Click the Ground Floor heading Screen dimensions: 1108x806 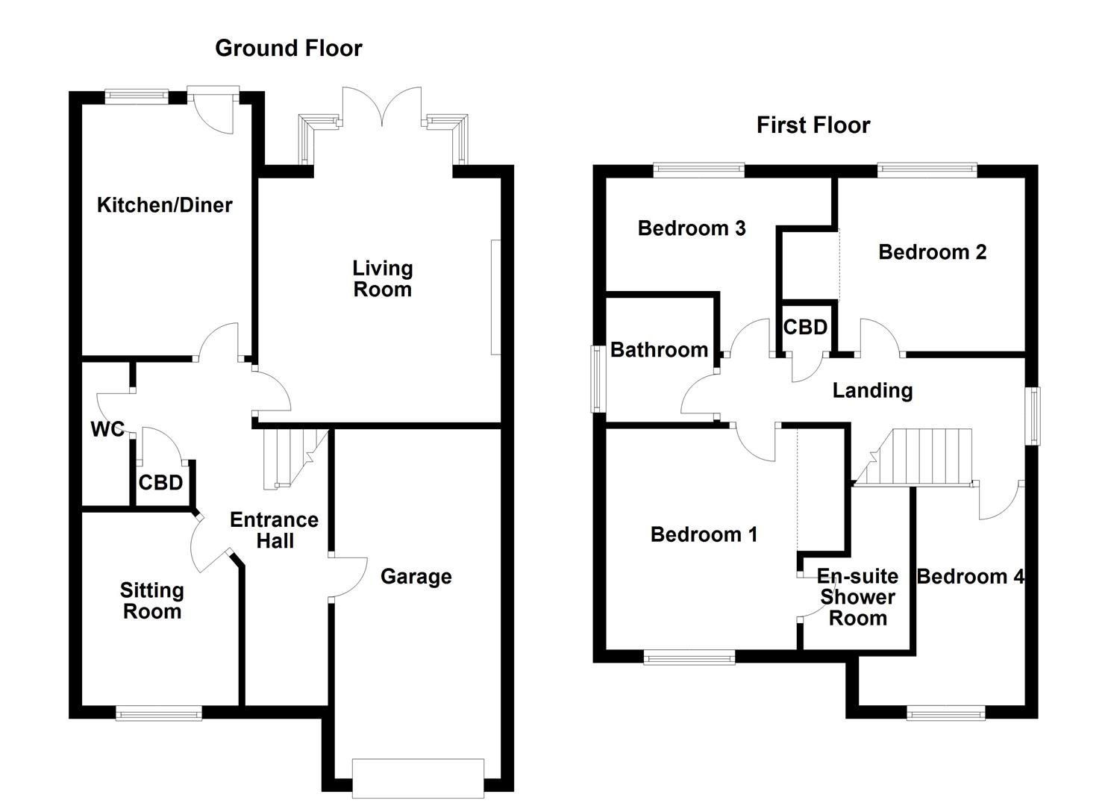point(288,49)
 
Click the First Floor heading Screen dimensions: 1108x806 point(813,125)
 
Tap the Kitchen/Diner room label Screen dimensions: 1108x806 point(164,204)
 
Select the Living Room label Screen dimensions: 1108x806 point(382,278)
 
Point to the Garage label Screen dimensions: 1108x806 point(416,576)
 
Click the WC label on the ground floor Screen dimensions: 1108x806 point(107,429)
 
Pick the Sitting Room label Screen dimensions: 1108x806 point(151,601)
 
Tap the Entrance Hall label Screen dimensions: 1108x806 point(274,530)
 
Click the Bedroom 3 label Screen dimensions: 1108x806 point(691,228)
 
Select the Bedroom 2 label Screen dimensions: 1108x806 point(932,252)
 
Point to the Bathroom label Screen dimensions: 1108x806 point(659,349)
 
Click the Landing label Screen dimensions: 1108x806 point(872,390)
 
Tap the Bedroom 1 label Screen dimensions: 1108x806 point(704,534)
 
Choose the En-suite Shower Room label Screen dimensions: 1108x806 point(857,597)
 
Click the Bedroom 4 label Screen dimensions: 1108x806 point(970,576)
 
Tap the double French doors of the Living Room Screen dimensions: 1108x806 point(382,108)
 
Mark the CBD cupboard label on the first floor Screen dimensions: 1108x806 point(805,327)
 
